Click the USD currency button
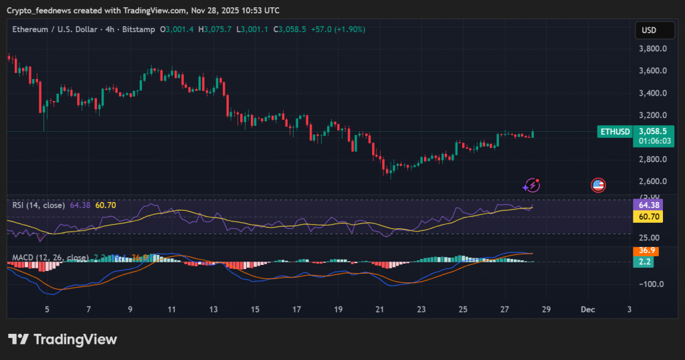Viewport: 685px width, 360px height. tap(648, 29)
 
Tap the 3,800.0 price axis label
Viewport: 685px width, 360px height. tap(652, 49)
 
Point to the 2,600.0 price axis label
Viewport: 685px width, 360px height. tap(652, 181)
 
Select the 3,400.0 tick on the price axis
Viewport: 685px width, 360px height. tap(652, 93)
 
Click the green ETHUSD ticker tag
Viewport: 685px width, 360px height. tap(615, 132)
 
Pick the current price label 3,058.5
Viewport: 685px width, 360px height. tap(652, 132)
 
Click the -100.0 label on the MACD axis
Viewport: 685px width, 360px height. tap(650, 284)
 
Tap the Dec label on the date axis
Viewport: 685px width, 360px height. tap(588, 309)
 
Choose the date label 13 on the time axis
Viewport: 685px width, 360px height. tap(213, 309)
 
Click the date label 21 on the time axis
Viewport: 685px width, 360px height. tap(379, 309)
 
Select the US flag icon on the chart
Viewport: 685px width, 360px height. tap(598, 185)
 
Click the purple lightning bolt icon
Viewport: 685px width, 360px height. tap(532, 185)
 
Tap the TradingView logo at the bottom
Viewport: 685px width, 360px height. tap(63, 339)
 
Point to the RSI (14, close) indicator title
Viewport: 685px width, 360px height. tap(39, 205)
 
